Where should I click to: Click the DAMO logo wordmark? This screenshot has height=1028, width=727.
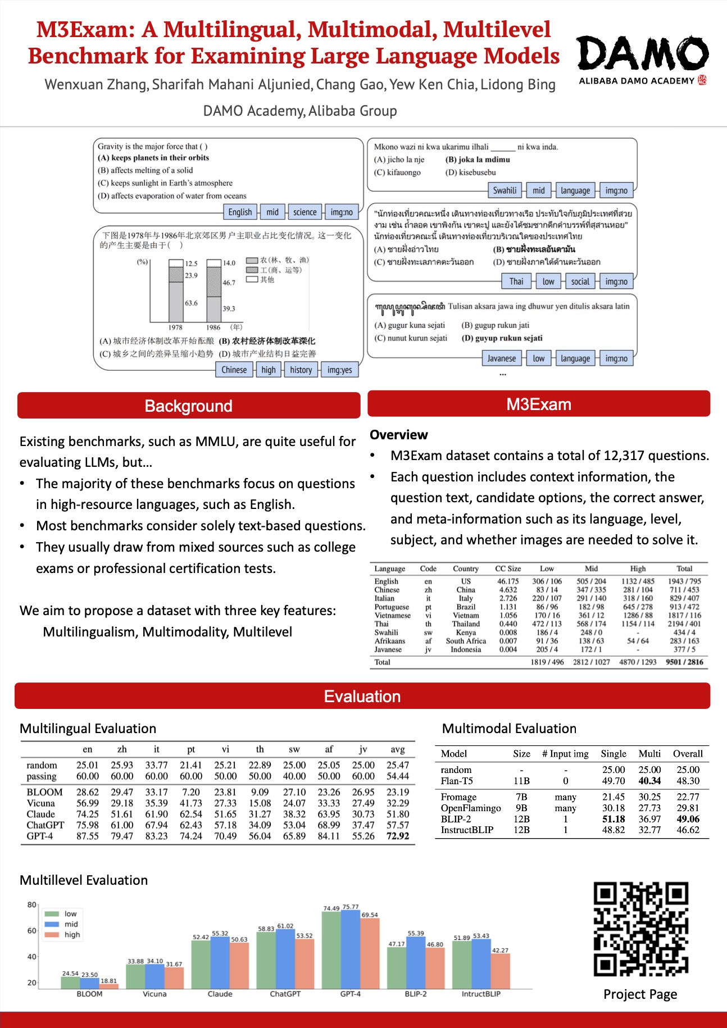643,54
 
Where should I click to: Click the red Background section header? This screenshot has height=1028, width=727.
189,406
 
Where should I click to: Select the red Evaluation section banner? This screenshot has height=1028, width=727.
362,697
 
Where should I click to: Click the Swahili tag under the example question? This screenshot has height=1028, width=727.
505,190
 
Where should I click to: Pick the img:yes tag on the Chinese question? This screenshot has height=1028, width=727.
339,370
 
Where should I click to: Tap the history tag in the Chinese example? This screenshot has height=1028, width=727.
301,370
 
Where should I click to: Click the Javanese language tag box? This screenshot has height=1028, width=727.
501,358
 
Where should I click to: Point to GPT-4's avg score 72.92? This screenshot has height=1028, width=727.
398,836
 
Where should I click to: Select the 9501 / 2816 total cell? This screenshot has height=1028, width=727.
684,662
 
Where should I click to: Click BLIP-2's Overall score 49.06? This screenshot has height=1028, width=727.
688,819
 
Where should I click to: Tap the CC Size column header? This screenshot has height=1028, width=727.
508,568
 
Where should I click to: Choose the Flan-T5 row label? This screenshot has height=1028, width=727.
457,781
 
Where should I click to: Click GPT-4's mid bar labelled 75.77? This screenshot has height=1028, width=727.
351,949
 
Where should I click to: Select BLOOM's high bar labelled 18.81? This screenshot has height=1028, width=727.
109,986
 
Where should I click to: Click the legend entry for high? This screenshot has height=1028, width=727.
72,935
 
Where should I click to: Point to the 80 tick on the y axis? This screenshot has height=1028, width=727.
32,905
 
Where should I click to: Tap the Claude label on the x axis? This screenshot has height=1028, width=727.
220,994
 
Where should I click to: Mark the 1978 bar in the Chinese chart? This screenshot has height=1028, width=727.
176,290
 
